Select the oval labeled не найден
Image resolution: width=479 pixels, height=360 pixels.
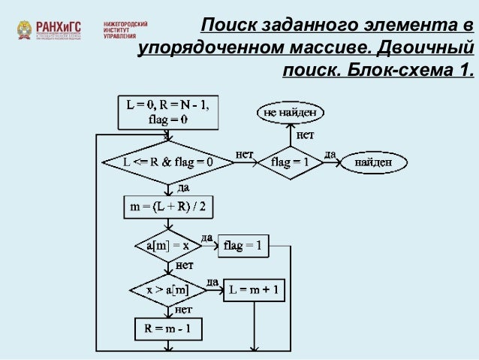click(x=293, y=113)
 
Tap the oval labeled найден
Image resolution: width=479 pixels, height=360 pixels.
click(x=372, y=161)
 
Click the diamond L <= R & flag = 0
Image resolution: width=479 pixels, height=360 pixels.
click(x=168, y=161)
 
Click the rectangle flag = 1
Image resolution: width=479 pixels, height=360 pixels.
click(x=243, y=245)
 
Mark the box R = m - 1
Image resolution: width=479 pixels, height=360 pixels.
click(x=168, y=328)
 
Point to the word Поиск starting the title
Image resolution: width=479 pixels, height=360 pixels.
click(x=229, y=27)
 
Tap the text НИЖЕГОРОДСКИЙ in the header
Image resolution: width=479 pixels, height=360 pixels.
click(x=125, y=24)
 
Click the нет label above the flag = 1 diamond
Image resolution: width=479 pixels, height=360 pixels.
click(x=306, y=135)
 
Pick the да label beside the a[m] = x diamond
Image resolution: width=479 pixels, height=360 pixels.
click(x=206, y=237)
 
